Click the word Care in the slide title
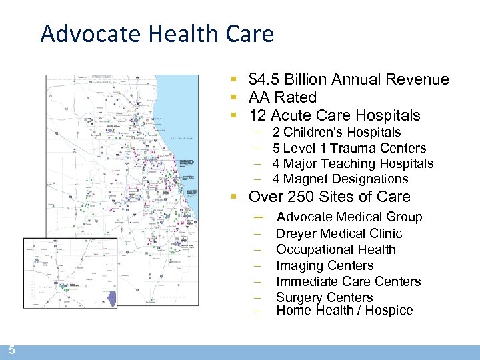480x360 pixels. [x=253, y=33]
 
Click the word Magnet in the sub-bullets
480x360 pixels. [x=305, y=179]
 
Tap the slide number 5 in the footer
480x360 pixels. [x=12, y=349]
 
